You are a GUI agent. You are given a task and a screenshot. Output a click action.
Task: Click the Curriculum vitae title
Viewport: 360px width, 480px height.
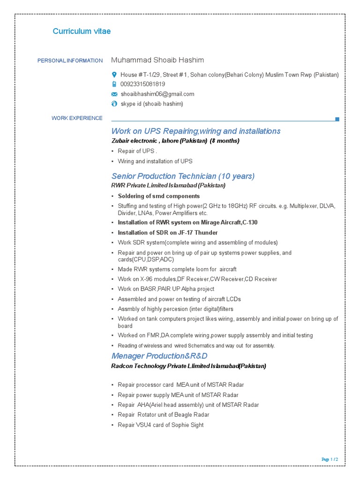[82, 31]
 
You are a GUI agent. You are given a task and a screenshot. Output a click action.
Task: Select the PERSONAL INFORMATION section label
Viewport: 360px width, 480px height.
[70, 60]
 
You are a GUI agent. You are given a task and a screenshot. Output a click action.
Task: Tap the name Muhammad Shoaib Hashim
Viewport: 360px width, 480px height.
[157, 60]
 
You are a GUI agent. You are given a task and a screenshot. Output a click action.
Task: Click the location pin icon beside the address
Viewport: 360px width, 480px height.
[114, 75]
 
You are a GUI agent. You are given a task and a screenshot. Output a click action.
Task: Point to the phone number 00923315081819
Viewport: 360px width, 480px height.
[142, 84]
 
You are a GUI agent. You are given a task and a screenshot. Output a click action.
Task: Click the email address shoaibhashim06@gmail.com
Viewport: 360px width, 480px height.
[157, 94]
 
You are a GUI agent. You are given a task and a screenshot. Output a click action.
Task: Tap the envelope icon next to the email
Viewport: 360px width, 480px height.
[114, 94]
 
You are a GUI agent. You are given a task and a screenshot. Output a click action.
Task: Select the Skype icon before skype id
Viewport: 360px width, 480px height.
[114, 104]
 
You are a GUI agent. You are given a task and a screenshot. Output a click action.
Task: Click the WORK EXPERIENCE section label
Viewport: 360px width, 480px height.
[77, 118]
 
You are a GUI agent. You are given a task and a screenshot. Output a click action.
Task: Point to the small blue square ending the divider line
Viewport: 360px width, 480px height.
[337, 120]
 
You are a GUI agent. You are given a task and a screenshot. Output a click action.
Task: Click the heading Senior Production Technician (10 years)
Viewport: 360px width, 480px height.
[183, 176]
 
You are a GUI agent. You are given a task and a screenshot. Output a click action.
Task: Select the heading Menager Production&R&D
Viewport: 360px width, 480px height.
[159, 356]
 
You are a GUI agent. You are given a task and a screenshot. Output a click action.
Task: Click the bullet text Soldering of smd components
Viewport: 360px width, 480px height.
[158, 196]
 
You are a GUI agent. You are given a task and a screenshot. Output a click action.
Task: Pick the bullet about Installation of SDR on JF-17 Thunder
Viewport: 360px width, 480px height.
[167, 232]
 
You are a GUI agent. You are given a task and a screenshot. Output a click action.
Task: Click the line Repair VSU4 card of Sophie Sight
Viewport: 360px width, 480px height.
[160, 425]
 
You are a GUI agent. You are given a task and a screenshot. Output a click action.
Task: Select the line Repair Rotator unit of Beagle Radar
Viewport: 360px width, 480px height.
[163, 414]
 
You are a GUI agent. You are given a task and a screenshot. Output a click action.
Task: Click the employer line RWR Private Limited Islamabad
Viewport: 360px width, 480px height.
[168, 185]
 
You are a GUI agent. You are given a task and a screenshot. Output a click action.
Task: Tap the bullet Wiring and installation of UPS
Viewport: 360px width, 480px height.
[155, 161]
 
